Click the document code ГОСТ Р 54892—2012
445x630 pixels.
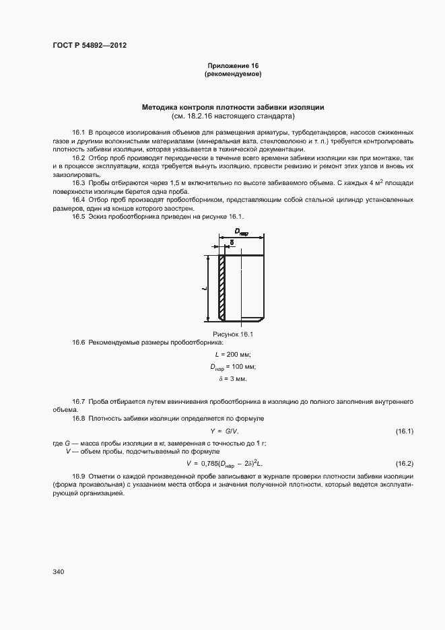90,46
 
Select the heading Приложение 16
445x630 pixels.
233,65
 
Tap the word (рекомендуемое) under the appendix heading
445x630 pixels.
233,73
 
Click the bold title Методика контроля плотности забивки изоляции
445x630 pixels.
233,107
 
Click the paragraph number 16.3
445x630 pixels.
79,183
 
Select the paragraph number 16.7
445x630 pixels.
79,401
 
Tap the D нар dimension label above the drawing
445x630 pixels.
240,233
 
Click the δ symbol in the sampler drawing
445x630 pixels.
232,242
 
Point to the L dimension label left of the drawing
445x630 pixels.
204,287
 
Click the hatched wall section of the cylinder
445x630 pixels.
221,287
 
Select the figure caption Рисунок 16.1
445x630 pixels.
233,334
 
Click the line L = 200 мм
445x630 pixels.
233,355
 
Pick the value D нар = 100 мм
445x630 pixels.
233,367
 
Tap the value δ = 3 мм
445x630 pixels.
233,379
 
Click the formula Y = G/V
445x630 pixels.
224,431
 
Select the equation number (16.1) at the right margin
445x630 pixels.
404,431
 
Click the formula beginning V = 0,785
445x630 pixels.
224,464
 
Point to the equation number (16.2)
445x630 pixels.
404,464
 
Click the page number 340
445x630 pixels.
59,571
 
